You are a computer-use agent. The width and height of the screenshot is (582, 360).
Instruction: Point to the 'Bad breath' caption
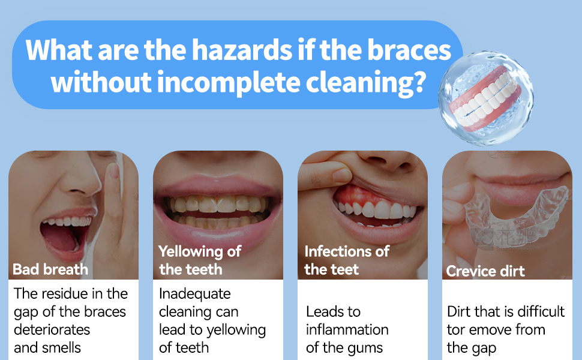point(50,269)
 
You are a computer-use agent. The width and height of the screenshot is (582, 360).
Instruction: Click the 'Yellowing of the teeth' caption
point(199,260)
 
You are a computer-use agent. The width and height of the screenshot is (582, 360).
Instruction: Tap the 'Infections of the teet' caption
point(346,260)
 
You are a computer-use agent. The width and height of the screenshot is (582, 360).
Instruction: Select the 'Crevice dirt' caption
point(485,271)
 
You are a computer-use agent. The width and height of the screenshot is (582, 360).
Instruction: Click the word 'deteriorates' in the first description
point(52,329)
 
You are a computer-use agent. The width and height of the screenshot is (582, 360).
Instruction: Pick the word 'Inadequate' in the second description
point(195,294)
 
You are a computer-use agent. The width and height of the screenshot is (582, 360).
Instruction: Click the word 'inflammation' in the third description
point(347,329)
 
